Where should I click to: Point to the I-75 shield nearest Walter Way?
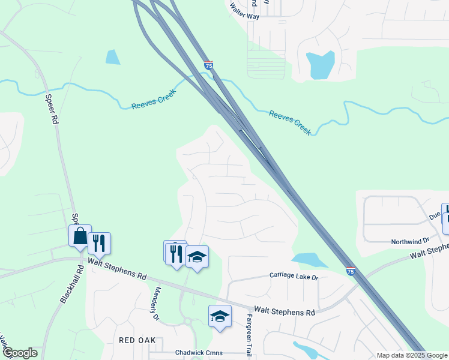pyautogui.click(x=208, y=65)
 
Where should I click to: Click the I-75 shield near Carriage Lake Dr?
pyautogui.click(x=351, y=271)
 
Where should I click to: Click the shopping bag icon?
pyautogui.click(x=80, y=236)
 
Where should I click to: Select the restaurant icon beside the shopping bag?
pyautogui.click(x=99, y=244)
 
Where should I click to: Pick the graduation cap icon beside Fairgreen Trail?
pyautogui.click(x=220, y=316)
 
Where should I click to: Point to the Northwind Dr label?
pyautogui.click(x=410, y=241)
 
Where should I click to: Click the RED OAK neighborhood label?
pyautogui.click(x=137, y=340)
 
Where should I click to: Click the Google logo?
pyautogui.click(x=20, y=353)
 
